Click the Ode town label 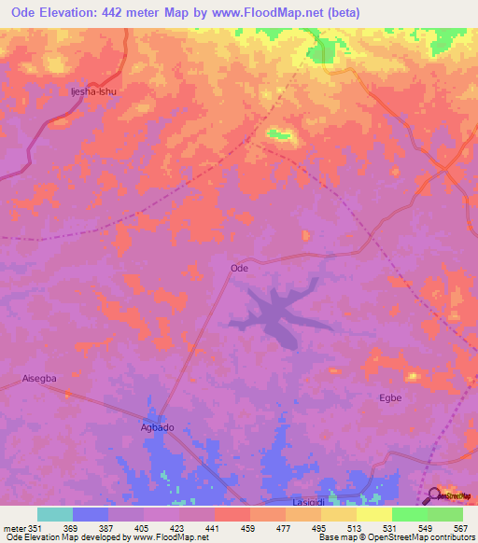[x=239, y=268]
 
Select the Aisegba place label [x=39, y=379]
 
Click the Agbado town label [x=157, y=427]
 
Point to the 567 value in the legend [x=459, y=529]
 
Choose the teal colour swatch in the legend [x=55, y=514]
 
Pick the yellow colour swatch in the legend [x=373, y=514]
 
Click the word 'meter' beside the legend [x=14, y=529]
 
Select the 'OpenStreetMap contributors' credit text [x=421, y=538]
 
